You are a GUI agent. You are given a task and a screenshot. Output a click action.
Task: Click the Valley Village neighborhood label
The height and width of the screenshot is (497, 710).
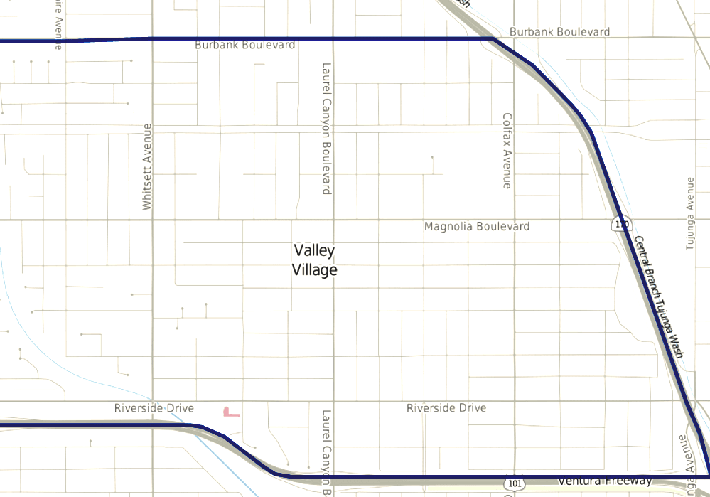[x=314, y=260]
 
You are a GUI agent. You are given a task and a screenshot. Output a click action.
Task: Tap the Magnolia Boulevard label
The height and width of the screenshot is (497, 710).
[x=476, y=227]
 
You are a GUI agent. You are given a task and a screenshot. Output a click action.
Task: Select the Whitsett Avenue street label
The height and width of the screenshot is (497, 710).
[x=147, y=167]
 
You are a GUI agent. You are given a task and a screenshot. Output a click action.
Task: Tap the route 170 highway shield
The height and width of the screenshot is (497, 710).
[x=622, y=225]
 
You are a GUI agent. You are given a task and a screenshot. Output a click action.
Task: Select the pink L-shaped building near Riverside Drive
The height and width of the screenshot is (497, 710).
[x=230, y=412]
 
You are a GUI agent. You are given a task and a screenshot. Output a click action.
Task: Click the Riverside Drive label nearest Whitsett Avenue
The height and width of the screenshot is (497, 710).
[x=154, y=409]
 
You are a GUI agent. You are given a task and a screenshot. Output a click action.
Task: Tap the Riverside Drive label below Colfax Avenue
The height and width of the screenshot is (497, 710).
[x=446, y=409]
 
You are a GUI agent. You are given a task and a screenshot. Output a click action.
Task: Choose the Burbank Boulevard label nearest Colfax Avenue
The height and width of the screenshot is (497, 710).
[x=559, y=32]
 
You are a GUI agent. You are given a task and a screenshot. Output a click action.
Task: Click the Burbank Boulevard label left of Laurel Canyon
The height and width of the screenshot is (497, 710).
[x=244, y=45]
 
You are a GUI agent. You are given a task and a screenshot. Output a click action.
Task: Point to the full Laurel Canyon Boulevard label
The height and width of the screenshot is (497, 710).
[x=327, y=129]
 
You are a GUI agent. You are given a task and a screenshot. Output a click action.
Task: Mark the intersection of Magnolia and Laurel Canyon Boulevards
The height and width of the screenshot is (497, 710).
[x=334, y=220]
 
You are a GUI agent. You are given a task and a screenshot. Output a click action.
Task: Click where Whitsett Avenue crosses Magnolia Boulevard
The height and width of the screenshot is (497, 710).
[x=152, y=220]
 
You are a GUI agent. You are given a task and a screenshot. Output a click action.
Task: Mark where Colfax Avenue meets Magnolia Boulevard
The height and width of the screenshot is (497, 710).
[x=515, y=220]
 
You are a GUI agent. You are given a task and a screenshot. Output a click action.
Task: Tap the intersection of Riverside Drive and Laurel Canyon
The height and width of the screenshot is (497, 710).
[x=334, y=401]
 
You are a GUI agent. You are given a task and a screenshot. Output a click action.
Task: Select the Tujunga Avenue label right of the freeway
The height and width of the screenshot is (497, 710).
[x=689, y=213]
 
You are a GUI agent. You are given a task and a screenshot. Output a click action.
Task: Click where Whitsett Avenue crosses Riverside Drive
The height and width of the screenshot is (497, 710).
[x=152, y=401]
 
